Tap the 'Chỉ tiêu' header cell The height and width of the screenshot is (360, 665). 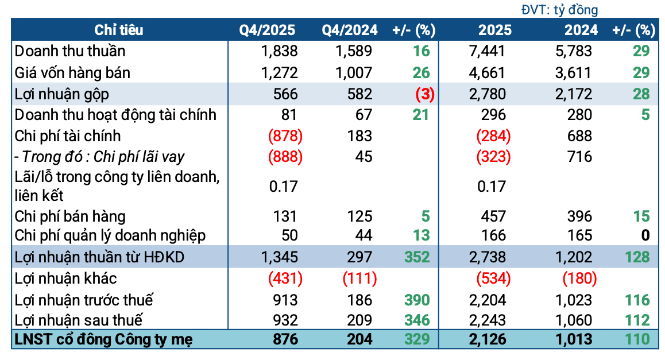[119, 30]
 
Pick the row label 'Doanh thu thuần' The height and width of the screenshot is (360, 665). [70, 51]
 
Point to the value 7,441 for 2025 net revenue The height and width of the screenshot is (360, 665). [487, 51]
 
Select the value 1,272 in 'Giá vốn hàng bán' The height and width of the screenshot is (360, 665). [279, 72]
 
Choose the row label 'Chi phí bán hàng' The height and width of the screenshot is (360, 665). [70, 216]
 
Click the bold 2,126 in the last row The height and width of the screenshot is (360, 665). [486, 339]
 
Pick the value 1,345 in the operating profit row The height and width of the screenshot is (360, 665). [279, 257]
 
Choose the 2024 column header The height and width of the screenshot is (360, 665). [581, 30]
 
